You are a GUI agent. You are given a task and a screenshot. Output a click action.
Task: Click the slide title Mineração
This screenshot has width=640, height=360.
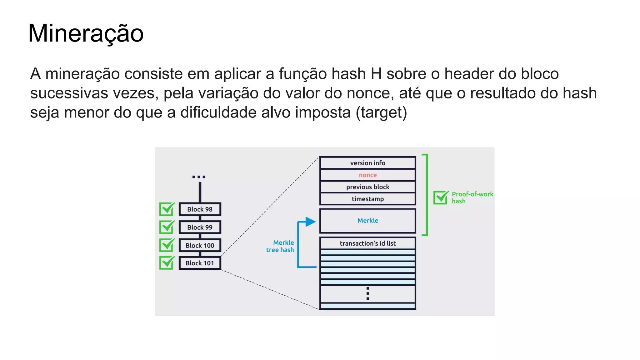[x=86, y=33]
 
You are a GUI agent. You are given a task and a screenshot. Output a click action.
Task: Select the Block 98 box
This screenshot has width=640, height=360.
[x=200, y=209]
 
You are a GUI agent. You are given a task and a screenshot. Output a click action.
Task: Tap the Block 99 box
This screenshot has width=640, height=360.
[x=200, y=227]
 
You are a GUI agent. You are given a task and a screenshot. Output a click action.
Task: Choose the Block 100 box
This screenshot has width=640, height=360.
[x=200, y=245]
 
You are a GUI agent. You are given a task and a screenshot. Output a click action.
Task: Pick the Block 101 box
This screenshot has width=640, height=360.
[x=200, y=263]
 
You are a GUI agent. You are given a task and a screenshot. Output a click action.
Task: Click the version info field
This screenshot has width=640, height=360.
[x=367, y=163]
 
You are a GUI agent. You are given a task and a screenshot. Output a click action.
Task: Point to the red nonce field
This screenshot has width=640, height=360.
[x=367, y=175]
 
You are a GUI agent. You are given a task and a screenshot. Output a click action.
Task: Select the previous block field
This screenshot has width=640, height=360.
[x=367, y=187]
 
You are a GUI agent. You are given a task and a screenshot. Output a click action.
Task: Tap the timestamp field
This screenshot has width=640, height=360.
[x=367, y=199]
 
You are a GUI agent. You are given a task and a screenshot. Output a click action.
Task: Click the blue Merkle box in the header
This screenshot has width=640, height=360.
[x=367, y=221]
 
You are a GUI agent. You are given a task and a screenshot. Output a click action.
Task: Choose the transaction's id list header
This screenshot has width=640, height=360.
[x=367, y=243]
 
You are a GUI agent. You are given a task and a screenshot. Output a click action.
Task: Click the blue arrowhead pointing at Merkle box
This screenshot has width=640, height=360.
[x=310, y=222]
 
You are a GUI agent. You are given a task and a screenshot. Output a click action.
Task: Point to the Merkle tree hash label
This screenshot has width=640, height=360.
[x=280, y=246]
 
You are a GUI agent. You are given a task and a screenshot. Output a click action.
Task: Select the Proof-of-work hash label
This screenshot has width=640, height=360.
[x=472, y=197]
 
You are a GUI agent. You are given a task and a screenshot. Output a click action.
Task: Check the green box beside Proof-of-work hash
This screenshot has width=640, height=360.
[x=441, y=197]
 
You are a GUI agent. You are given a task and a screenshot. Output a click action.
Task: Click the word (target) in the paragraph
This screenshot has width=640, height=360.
[x=381, y=113]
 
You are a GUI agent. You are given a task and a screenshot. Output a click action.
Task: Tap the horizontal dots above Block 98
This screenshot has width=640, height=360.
[x=199, y=177]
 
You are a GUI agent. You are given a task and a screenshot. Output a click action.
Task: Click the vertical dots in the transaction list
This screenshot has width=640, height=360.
[x=368, y=293]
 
